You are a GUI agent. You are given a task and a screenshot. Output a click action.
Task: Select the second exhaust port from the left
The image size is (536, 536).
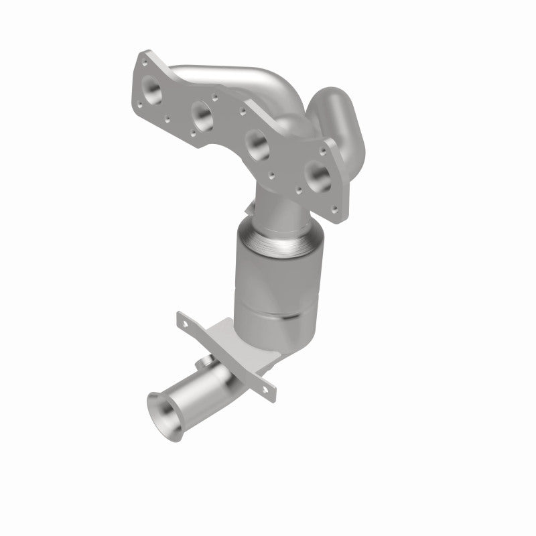(203, 115)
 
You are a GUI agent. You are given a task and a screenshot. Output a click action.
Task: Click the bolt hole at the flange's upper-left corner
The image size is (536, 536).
(143, 60)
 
